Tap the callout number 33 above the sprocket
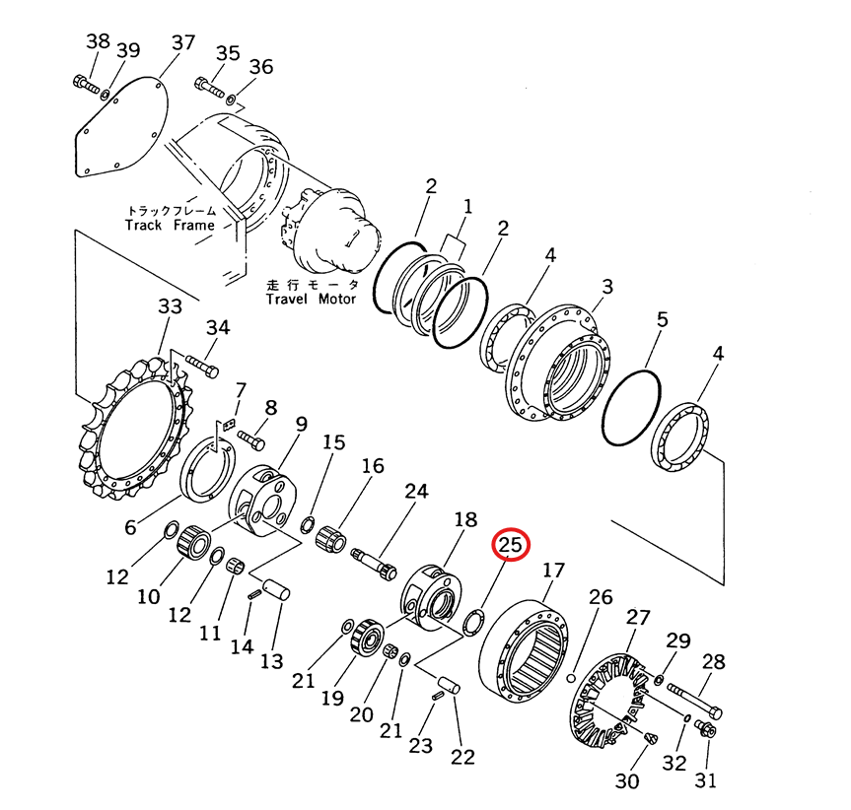click(x=170, y=307)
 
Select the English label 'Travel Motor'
click(x=311, y=299)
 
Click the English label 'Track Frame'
click(x=170, y=225)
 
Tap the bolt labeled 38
click(x=87, y=86)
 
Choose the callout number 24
click(x=417, y=491)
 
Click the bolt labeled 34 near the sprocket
click(x=201, y=370)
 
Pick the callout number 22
click(x=461, y=757)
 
